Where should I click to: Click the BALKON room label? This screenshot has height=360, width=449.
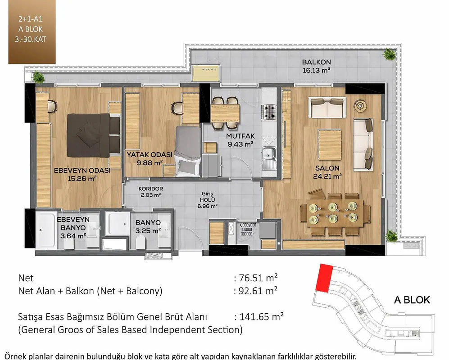coord(316,62)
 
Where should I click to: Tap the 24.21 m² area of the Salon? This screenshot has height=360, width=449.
coord(327,176)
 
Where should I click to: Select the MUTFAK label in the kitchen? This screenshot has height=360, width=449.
coord(240,136)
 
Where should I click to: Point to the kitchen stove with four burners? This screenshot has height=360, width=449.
coord(269,112)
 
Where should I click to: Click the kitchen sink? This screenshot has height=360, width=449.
coord(269,157)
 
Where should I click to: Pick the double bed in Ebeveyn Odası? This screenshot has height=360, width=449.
coord(93,135)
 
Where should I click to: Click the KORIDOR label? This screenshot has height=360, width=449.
coord(150,189)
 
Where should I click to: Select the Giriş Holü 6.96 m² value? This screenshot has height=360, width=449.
coord(207,206)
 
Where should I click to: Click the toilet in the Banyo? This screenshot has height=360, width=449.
coord(141,242)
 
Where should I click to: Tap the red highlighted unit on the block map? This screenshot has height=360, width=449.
coord(324,278)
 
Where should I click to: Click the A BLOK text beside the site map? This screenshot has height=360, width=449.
coord(412,300)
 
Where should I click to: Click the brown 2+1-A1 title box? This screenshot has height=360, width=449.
coord(32,32)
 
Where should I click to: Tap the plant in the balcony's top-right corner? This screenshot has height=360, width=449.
coord(390,54)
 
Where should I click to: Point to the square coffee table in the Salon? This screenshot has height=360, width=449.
coord(330,145)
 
